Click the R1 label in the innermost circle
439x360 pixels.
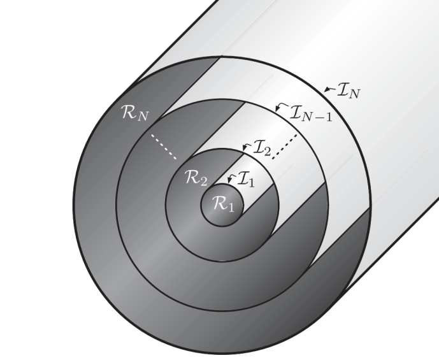tap(223, 203)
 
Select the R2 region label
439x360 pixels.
tap(196, 178)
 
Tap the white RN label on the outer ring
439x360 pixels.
tap(134, 113)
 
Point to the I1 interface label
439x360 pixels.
tap(246, 179)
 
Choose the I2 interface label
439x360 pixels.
tap(262, 148)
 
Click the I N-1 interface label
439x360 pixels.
tap(311, 113)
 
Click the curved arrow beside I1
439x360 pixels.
tap(232, 178)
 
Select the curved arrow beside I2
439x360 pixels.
tap(247, 148)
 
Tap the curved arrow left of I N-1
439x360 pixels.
tap(281, 107)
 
